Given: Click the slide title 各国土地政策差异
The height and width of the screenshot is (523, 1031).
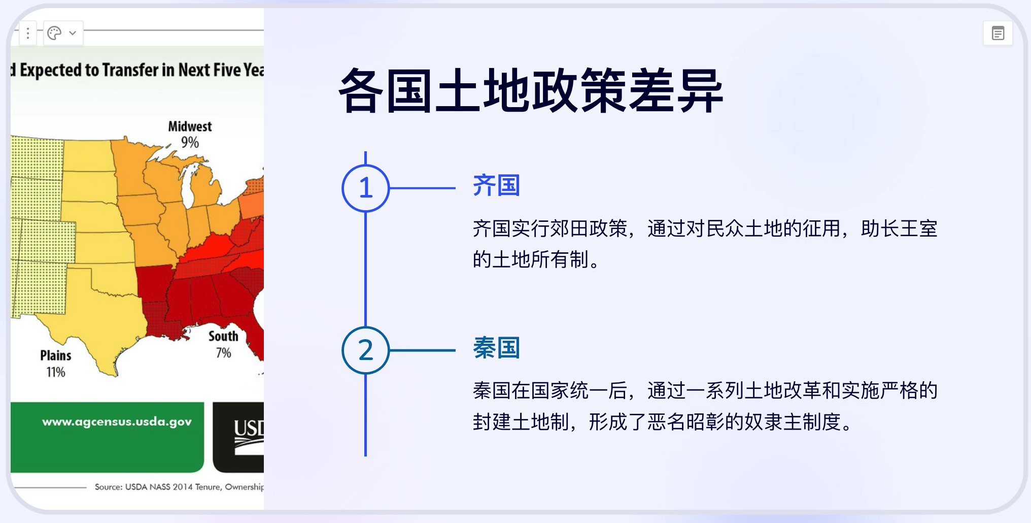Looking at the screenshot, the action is (x=531, y=91).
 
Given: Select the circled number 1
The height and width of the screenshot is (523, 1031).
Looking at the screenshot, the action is (x=366, y=188).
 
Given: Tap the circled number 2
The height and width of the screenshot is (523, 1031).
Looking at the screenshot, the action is (x=366, y=350).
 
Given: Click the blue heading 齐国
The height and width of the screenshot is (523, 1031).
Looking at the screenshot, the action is (x=496, y=185).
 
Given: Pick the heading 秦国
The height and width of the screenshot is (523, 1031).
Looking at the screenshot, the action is (x=496, y=348).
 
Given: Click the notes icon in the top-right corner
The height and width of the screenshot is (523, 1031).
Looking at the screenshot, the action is (x=998, y=34).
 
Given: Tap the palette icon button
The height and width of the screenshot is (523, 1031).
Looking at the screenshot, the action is (x=54, y=33).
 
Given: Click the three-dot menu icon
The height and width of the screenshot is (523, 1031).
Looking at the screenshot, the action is (x=28, y=33).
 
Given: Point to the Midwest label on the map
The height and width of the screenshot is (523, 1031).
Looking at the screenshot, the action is (x=190, y=126).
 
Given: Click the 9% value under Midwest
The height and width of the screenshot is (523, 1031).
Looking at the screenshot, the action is (x=190, y=142).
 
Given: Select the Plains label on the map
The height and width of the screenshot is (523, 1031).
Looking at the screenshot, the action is (x=56, y=355).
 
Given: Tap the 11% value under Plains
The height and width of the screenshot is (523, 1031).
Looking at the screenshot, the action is (x=56, y=372).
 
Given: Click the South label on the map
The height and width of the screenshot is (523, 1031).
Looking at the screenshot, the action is (x=223, y=336).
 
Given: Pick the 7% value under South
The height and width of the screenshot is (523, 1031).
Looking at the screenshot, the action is (x=223, y=352).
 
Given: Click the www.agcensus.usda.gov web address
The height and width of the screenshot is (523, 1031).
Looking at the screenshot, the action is (x=117, y=422).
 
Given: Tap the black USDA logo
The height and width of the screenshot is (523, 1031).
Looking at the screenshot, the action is (x=238, y=437).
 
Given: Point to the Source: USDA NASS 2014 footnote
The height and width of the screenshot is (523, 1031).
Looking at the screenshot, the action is (x=179, y=487).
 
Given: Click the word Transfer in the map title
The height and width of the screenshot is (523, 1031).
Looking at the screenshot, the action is (x=130, y=70).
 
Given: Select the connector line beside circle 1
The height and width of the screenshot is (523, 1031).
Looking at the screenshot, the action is (x=422, y=188).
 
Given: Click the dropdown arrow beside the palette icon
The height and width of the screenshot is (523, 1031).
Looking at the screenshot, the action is (x=73, y=33).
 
